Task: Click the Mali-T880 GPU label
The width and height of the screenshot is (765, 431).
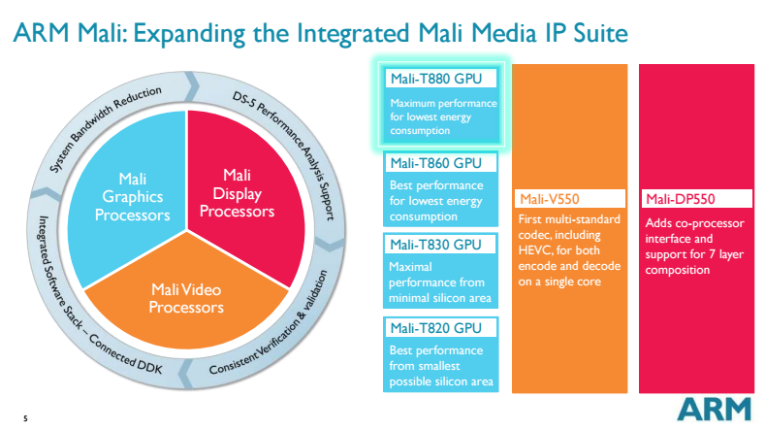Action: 434,79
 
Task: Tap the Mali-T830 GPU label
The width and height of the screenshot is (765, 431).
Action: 434,246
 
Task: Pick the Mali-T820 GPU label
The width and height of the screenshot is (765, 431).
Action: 434,328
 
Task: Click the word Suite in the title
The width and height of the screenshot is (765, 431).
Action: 600,35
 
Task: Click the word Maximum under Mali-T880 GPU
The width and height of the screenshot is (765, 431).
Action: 414,103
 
